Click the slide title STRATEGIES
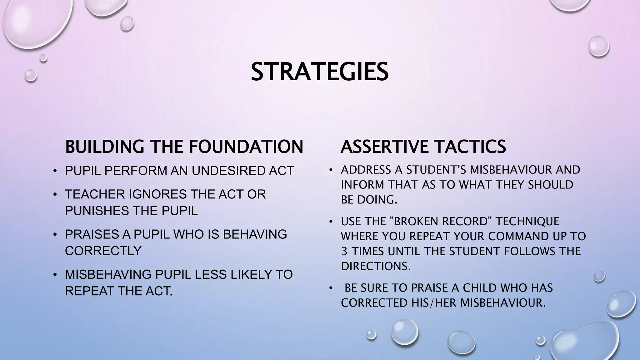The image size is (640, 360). pos(320,72)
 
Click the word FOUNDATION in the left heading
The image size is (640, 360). pos(247,147)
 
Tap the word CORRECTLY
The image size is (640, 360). pos(103,251)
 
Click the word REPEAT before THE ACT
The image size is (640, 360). pos(89,291)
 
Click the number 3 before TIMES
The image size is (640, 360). pos(344,251)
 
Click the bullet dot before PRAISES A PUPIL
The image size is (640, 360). pos(55,235)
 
